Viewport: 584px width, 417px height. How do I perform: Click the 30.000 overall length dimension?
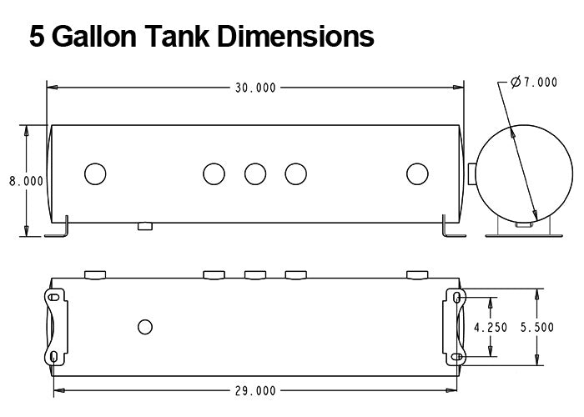point(254,87)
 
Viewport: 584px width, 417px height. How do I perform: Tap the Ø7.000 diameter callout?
point(534,82)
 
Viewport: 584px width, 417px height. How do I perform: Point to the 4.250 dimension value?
point(491,328)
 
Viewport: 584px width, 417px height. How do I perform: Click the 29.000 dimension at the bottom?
point(254,390)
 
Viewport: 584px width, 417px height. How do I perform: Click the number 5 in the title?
point(38,36)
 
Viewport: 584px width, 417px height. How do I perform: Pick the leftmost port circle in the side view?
point(96,173)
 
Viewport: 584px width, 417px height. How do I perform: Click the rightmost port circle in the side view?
point(416,173)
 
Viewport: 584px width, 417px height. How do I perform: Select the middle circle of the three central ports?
point(255,173)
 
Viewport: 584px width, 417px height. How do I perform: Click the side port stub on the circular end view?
point(472,173)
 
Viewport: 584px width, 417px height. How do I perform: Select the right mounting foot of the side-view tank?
point(451,229)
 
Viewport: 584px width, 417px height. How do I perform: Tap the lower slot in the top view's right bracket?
point(456,357)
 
